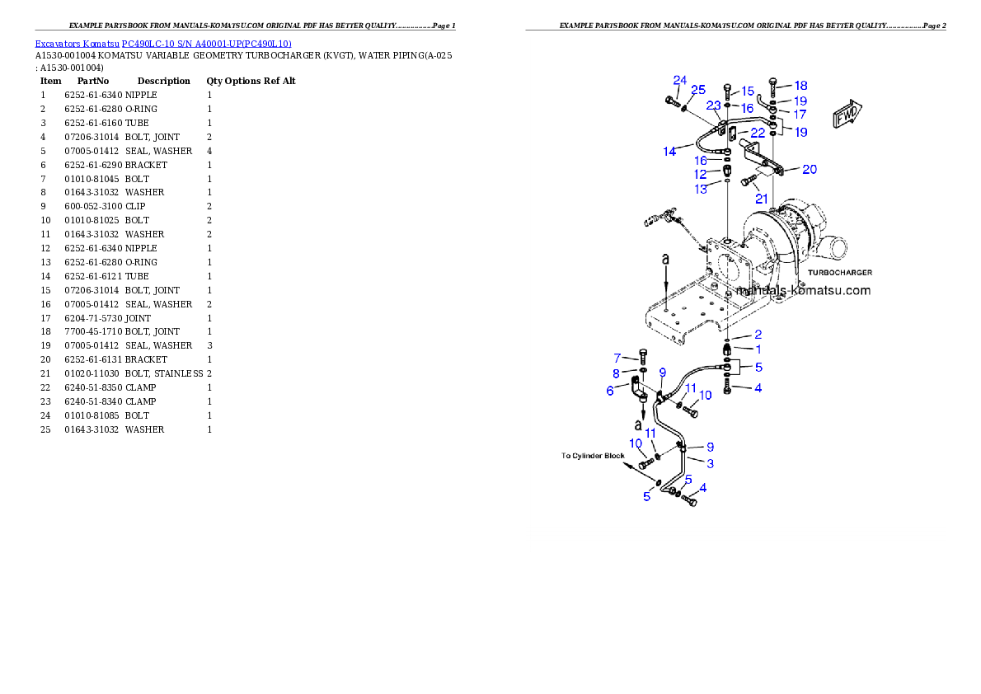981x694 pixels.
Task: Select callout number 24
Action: (679, 80)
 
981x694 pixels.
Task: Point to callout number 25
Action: (698, 89)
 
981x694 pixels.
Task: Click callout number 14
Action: (669, 152)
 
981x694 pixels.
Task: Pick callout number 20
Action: (810, 169)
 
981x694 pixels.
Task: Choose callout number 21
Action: (762, 199)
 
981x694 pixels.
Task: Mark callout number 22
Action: (757, 133)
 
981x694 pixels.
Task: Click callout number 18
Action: (800, 85)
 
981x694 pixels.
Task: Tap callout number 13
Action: (701, 189)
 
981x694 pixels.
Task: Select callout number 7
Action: (617, 358)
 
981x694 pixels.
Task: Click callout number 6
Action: (610, 391)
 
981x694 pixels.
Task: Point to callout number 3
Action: (710, 463)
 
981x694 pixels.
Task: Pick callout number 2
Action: (758, 335)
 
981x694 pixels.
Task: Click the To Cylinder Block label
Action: (594, 455)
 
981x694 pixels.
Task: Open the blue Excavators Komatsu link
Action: (163, 43)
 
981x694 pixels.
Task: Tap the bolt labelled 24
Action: (669, 102)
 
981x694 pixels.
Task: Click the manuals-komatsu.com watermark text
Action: (802, 291)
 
